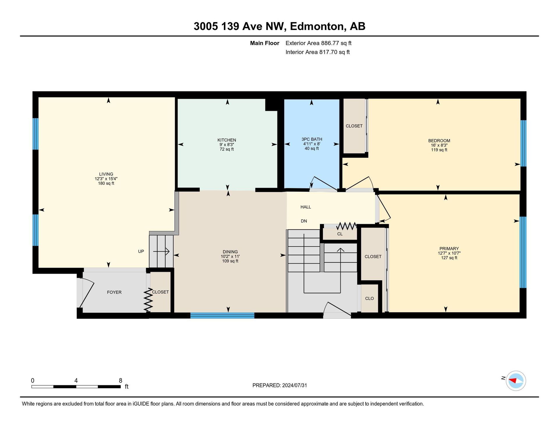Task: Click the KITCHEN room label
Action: pyautogui.click(x=227, y=140)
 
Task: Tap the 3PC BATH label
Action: pyautogui.click(x=312, y=139)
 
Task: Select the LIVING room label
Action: pyautogui.click(x=106, y=174)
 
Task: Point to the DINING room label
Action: pyautogui.click(x=230, y=252)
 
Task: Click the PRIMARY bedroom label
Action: pyautogui.click(x=449, y=248)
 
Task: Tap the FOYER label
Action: pyautogui.click(x=114, y=292)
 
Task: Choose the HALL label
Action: pyautogui.click(x=306, y=207)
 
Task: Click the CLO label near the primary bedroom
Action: pyautogui.click(x=369, y=298)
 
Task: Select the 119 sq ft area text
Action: pyautogui.click(x=439, y=150)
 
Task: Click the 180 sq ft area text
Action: pyautogui.click(x=106, y=183)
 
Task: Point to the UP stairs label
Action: pyautogui.click(x=141, y=251)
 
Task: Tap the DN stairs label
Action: pyautogui.click(x=304, y=221)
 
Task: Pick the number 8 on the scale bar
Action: pyautogui.click(x=121, y=380)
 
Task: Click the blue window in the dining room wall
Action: pyautogui.click(x=222, y=315)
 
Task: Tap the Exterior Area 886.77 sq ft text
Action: pyautogui.click(x=319, y=43)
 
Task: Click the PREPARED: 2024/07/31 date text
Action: pyautogui.click(x=279, y=385)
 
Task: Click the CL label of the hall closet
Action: pyautogui.click(x=340, y=234)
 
